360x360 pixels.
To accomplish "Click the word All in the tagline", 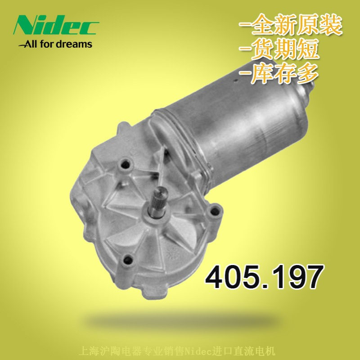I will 31,44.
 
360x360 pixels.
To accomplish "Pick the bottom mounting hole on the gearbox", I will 128,259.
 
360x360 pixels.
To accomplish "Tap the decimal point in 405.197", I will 263,286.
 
